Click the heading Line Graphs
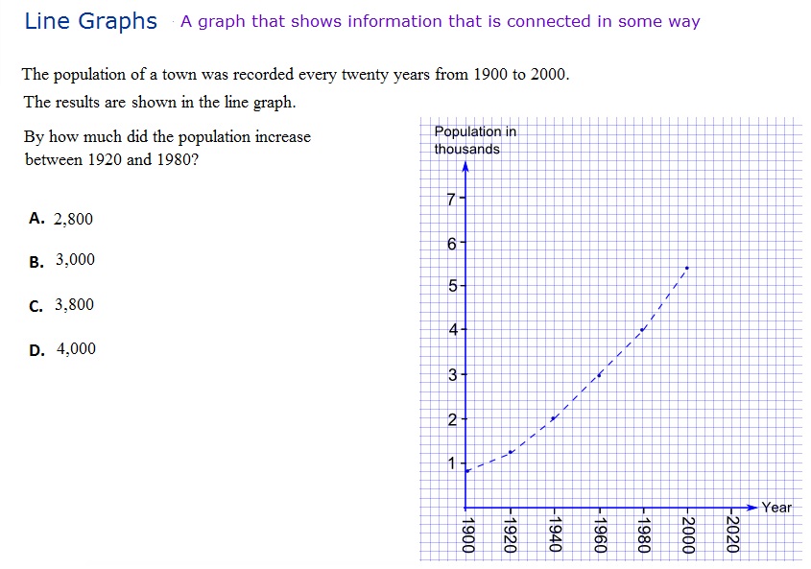click(x=90, y=21)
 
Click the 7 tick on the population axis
click(x=452, y=200)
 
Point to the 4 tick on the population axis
click(x=452, y=330)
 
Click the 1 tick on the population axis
click(x=452, y=463)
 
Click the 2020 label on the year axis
click(x=732, y=533)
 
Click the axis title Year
click(x=776, y=508)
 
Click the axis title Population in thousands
click(x=474, y=140)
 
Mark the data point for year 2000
click(x=687, y=268)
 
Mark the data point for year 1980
click(x=643, y=330)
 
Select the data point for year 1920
click(x=511, y=452)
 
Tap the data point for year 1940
click(x=554, y=418)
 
